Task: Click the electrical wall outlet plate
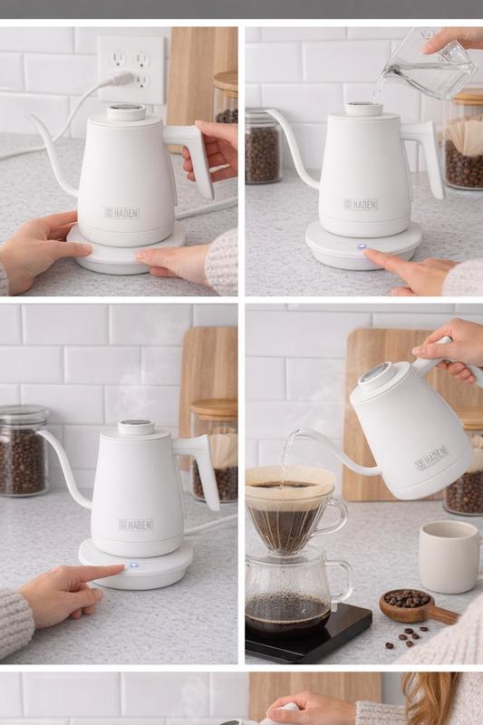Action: (131, 70)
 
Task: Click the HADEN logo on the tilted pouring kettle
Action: (430, 459)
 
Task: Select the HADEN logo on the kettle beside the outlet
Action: (121, 213)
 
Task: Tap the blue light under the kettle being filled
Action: (362, 247)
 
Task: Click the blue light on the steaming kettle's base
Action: (134, 565)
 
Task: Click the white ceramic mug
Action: (449, 556)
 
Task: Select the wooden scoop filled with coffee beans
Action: (417, 606)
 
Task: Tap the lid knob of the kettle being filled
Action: (364, 109)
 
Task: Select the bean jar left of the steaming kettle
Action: (24, 450)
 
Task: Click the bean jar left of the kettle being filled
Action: (263, 146)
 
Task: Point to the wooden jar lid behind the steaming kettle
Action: (214, 410)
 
